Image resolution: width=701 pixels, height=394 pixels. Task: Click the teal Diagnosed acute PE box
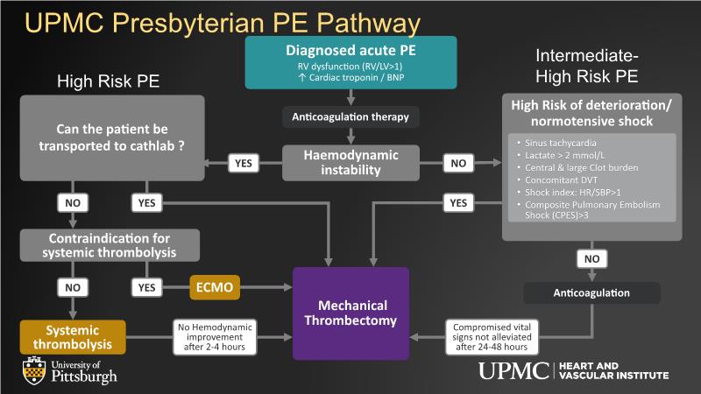tap(350, 61)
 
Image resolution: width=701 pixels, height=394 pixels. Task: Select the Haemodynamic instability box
tap(351, 163)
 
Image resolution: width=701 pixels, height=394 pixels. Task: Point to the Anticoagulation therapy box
tap(350, 116)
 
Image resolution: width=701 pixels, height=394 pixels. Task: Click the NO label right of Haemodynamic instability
tap(456, 163)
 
